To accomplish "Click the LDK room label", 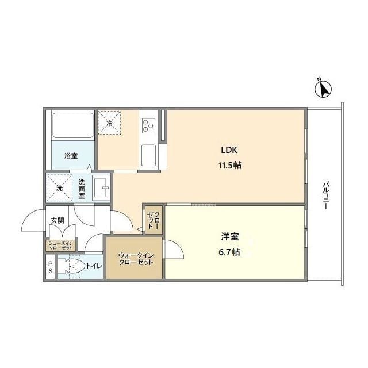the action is [229, 150].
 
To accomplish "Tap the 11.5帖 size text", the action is [230, 166].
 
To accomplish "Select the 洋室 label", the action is [230, 236].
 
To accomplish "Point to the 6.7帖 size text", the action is [229, 252].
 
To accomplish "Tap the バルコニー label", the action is [325, 195].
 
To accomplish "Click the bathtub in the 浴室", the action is [73, 125].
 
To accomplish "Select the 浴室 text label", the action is [71, 156].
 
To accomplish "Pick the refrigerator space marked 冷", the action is [109, 122].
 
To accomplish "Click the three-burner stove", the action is [149, 125].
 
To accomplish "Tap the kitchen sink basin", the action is [149, 155].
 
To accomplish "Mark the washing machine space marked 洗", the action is [59, 188].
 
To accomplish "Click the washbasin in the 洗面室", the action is [101, 188].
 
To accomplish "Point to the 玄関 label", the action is [57, 221].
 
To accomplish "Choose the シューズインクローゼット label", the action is [61, 246].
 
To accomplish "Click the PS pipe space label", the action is [51, 267].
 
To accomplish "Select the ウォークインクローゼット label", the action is [136, 259].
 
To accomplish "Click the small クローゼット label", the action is [154, 220].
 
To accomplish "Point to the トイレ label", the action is [94, 266].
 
